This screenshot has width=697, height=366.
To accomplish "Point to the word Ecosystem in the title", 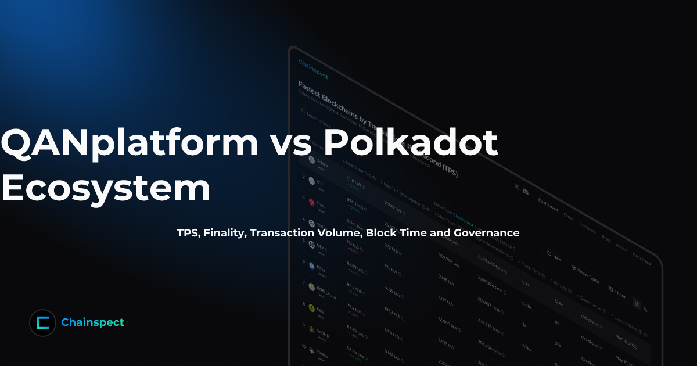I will (x=105, y=188).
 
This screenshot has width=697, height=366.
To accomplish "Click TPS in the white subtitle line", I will (x=188, y=233).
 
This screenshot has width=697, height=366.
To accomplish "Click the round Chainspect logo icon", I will (x=42, y=322).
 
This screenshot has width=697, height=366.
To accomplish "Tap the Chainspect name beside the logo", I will (x=92, y=322).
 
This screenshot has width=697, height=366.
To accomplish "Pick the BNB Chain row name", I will (x=325, y=289).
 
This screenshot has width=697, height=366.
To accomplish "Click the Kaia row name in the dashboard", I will (x=320, y=310).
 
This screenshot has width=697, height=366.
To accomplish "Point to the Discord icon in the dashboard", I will (x=526, y=191).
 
